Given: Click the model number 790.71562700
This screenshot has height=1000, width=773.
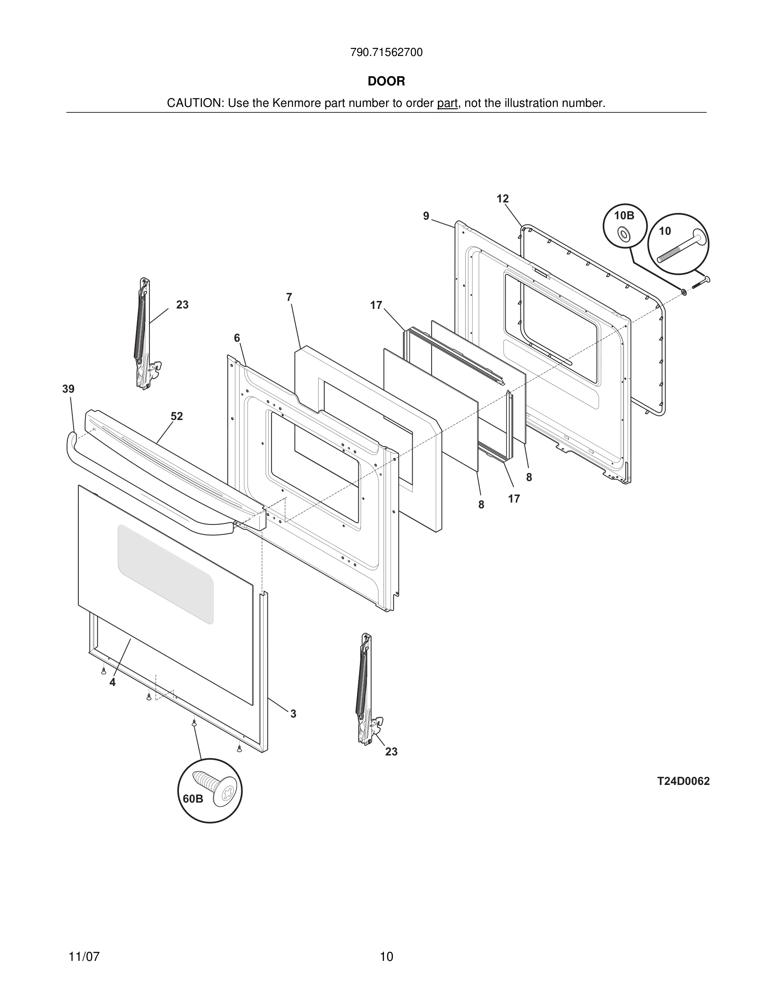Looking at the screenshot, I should point(386,53).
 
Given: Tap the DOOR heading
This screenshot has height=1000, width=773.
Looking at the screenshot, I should point(386,82).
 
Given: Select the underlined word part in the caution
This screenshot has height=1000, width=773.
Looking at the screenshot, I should point(447,104).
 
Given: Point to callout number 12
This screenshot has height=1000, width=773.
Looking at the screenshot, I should point(502,199).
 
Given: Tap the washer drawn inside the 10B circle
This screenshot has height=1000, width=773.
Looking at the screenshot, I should point(624,234).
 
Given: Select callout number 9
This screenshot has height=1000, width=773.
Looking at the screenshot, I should point(426,216).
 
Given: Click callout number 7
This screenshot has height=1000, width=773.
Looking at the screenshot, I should point(289,297).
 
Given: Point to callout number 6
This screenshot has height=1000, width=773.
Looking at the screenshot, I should point(237,338).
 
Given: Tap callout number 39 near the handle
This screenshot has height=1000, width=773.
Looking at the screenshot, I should point(68,389).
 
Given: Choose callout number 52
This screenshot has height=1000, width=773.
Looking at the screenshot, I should point(177,416).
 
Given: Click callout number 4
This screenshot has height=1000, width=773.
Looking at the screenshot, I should point(112,682).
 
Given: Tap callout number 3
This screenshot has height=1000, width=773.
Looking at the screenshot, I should point(293,714).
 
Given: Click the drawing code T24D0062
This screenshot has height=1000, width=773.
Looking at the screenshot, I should point(683,781).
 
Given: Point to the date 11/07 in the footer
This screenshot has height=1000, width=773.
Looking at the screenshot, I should point(84,957).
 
